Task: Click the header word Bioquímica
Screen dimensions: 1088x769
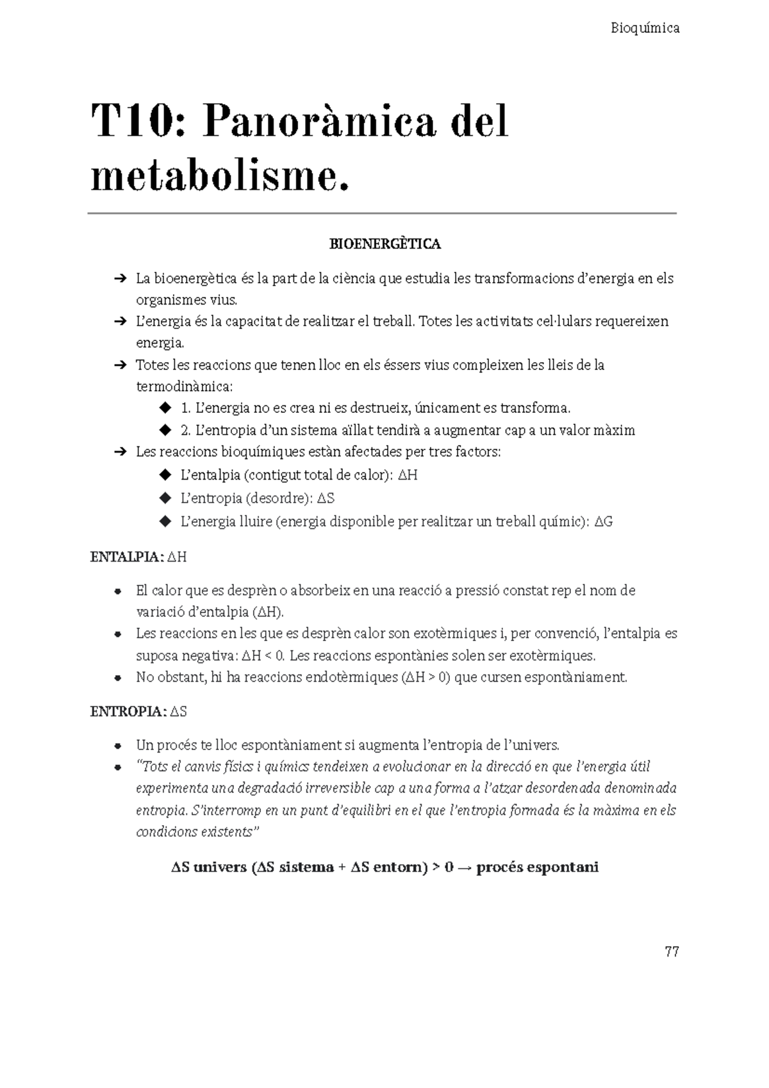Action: [x=645, y=28]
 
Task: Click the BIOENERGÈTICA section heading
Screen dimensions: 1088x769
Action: [x=384, y=244]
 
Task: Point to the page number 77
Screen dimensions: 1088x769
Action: [x=672, y=951]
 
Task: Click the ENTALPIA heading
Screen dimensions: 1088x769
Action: [x=127, y=557]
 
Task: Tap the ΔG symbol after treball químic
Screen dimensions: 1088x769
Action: [x=604, y=522]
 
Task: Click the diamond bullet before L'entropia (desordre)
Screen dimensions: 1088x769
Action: [x=165, y=498]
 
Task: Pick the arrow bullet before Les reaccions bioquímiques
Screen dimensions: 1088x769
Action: [x=119, y=452]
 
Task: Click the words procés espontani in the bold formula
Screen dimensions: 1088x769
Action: [x=537, y=867]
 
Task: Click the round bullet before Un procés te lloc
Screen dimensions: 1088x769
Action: [x=118, y=746]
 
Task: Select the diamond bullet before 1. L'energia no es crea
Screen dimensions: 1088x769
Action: [x=165, y=408]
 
